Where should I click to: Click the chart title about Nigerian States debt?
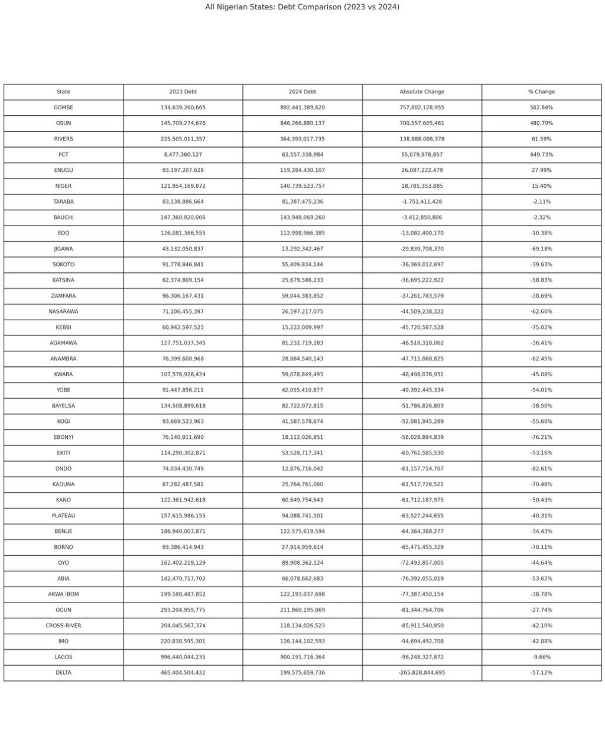tap(302, 7)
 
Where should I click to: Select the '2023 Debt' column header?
tap(183, 92)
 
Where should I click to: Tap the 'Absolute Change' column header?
tap(422, 92)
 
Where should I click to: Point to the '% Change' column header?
tap(541, 92)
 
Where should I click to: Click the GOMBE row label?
tap(63, 108)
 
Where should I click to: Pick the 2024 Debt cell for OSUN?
tap(302, 123)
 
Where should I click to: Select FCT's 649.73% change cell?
tap(541, 155)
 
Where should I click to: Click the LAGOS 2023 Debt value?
tap(183, 657)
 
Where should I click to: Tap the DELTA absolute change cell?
tap(422, 673)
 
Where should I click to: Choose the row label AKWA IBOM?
tap(63, 594)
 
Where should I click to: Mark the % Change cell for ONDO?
tap(541, 468)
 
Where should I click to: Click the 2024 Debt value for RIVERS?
tap(302, 139)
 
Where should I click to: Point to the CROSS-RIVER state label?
tap(63, 626)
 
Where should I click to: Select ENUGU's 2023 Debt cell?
tap(183, 170)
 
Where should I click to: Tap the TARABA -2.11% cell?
tap(541, 201)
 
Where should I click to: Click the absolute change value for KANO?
tap(422, 500)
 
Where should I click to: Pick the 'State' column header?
tap(63, 92)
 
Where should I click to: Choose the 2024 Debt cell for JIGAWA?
tap(302, 249)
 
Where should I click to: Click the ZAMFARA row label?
tap(63, 296)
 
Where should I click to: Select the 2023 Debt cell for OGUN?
tap(183, 610)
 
